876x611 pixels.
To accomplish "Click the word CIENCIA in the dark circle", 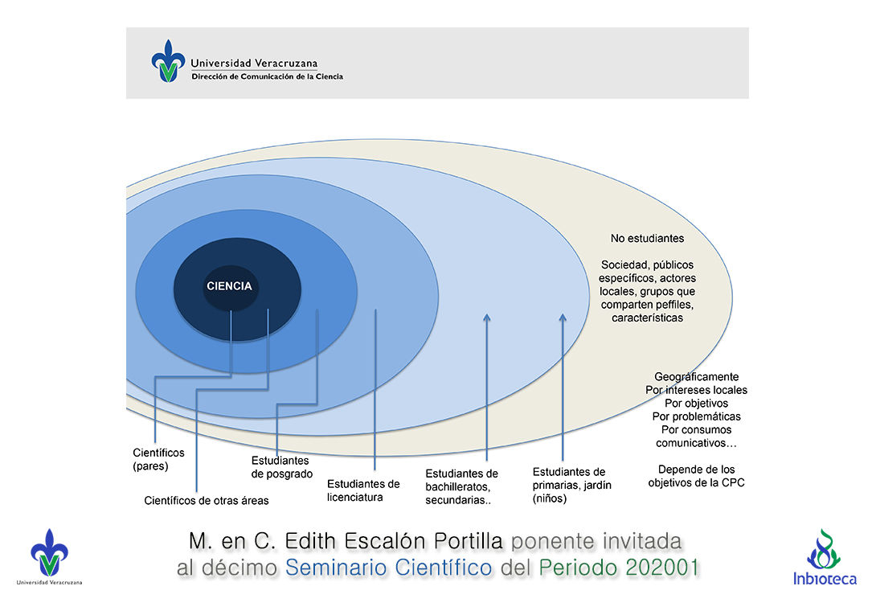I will (229, 286).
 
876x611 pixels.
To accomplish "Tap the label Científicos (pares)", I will (158, 459).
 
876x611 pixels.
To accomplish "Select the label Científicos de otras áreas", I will (207, 500).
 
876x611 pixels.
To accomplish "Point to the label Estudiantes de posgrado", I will (281, 467).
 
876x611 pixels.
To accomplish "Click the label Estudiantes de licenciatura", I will (363, 490).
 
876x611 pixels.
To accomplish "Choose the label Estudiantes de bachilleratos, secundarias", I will (462, 486).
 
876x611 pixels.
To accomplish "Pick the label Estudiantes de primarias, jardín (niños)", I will (569, 485).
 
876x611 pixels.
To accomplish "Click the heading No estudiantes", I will (647, 239).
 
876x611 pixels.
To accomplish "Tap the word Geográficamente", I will (696, 377).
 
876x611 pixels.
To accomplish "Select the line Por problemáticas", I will (696, 416).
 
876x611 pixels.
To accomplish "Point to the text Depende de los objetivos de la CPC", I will (696, 476).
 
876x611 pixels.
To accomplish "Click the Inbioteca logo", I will (825, 557).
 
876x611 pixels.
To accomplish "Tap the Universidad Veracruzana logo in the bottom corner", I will (49, 556).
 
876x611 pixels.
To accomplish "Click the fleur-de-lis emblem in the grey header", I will (167, 62).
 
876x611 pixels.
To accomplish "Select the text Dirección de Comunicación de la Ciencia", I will (267, 77).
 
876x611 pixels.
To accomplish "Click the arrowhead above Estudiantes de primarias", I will (563, 319).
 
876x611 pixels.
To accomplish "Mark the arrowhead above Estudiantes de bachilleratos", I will (487, 320).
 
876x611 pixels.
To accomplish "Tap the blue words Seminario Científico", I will (389, 568).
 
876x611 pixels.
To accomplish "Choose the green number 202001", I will (659, 568).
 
